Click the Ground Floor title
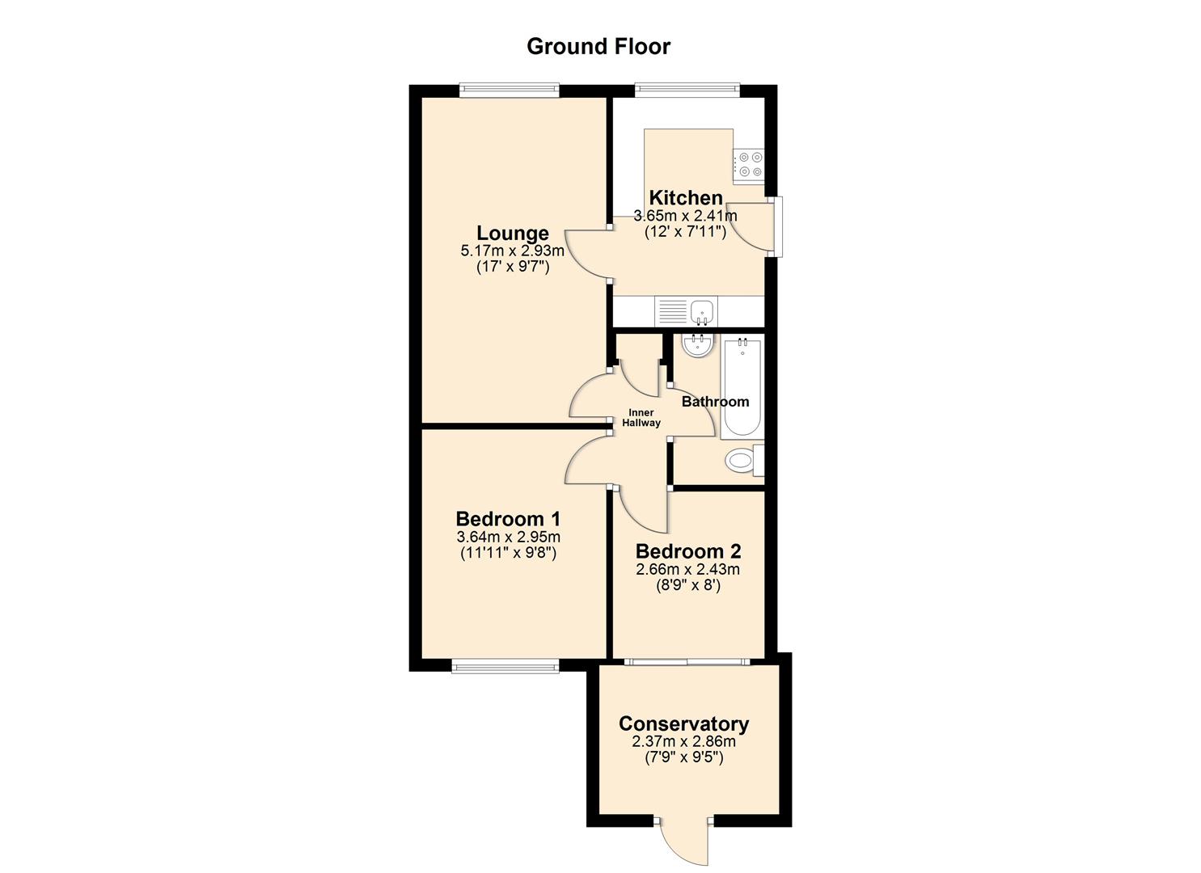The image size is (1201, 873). click(598, 46)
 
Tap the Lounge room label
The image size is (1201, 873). click(512, 234)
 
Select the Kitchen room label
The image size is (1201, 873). click(686, 197)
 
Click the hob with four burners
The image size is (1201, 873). click(749, 165)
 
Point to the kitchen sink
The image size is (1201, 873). click(702, 310)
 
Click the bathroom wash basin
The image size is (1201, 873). click(697, 346)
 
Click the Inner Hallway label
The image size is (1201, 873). click(641, 418)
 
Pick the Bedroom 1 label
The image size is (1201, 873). click(508, 519)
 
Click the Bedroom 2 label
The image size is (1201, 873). click(688, 551)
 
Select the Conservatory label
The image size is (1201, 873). click(683, 723)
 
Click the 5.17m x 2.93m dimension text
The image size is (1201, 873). click(512, 251)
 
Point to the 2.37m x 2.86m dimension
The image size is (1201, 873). click(683, 741)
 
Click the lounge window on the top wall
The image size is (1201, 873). click(509, 91)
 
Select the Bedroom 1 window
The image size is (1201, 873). click(505, 666)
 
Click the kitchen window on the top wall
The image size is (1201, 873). click(687, 91)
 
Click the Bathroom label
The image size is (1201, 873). click(715, 402)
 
